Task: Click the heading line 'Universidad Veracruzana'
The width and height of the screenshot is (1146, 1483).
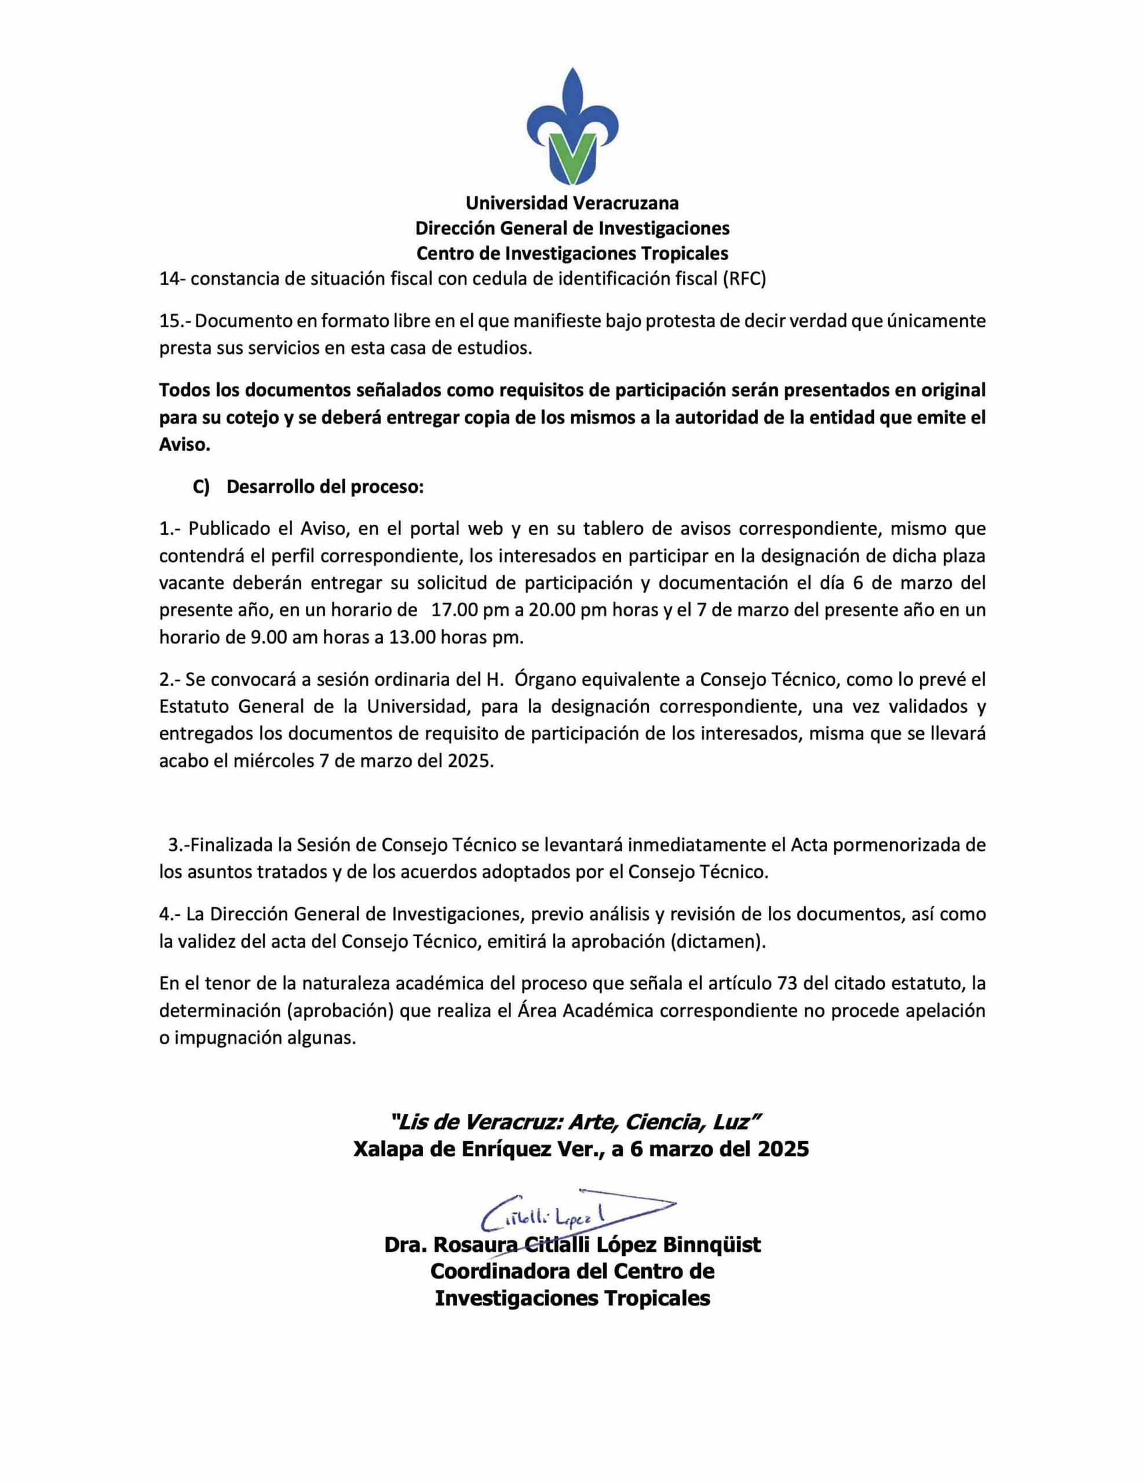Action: tap(572, 203)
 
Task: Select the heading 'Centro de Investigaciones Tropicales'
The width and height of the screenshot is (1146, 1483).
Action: tap(572, 253)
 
